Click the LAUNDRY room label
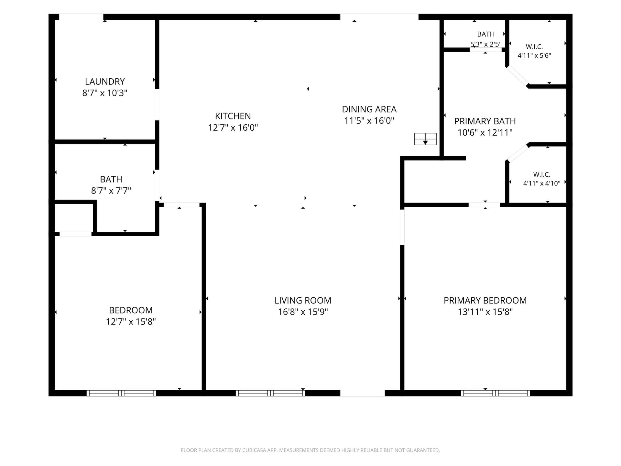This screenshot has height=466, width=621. [105, 82]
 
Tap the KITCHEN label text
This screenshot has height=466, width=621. [233, 116]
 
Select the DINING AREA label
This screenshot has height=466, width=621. [369, 109]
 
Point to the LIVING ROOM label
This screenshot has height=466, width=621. [303, 301]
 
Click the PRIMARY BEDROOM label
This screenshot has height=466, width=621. [485, 301]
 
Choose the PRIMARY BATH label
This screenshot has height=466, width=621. [485, 121]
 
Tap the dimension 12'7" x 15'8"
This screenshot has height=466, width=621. [131, 322]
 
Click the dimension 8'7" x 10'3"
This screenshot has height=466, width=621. [105, 93]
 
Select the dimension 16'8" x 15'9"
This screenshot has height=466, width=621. [303, 312]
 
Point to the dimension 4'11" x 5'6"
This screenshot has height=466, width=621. [534, 56]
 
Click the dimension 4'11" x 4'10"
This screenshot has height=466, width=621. [542, 183]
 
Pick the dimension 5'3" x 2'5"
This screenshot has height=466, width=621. [486, 44]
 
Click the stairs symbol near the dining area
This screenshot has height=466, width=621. [425, 139]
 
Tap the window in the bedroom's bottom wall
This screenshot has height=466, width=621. [121, 393]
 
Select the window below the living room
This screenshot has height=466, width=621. [270, 393]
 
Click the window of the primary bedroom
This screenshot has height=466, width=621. [496, 393]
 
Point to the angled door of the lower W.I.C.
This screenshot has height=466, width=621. [517, 153]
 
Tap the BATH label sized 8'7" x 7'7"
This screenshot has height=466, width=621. [111, 179]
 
